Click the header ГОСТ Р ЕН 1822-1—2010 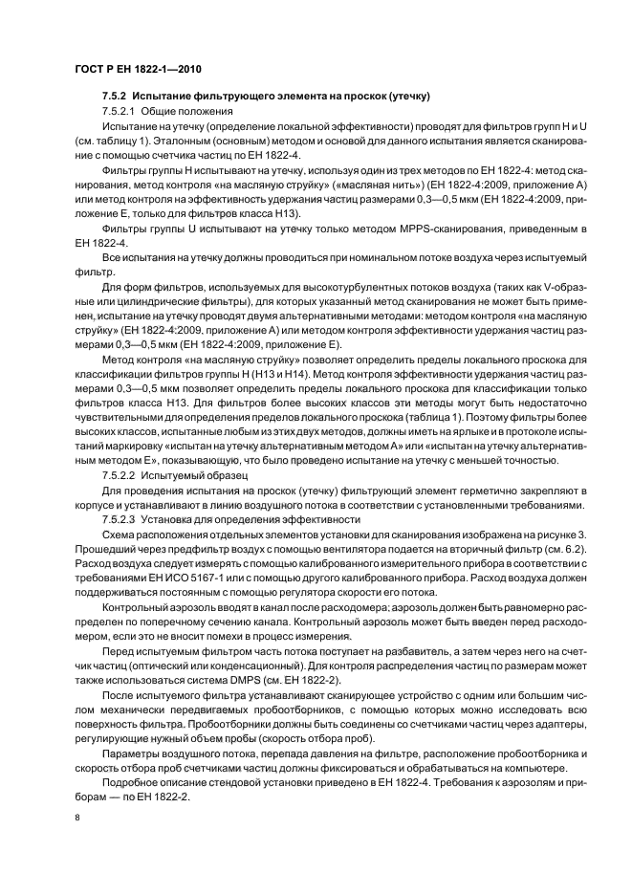tap(137, 69)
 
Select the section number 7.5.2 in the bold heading tap(116, 98)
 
